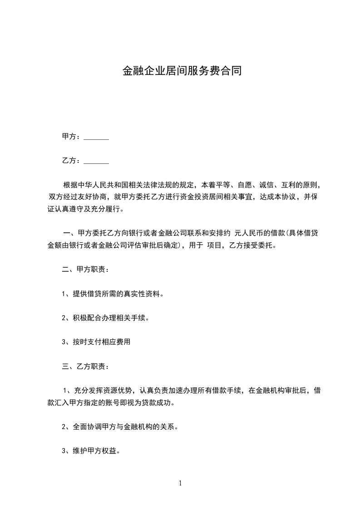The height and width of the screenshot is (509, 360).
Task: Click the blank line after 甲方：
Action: (96, 137)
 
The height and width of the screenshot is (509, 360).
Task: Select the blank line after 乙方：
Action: (96, 161)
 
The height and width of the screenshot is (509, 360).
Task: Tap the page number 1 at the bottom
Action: (180, 483)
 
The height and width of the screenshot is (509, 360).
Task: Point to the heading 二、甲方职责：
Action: (85, 269)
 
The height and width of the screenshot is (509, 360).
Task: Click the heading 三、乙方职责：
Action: (85, 366)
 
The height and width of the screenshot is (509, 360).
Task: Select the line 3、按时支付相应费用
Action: (96, 342)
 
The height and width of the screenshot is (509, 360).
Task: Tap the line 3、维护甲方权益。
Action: (91, 451)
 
